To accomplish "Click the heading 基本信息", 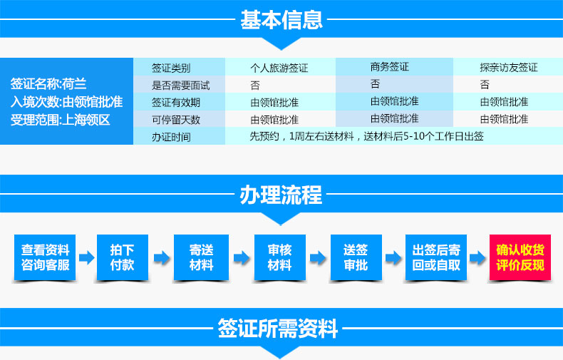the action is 281,19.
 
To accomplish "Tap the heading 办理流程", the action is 281,195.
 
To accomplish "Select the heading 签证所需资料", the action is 277,328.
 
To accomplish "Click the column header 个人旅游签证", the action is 279,68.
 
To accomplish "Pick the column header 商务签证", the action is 390,67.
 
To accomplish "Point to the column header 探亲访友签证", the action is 509,68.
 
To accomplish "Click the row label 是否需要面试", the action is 180,86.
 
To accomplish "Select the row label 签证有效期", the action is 176,103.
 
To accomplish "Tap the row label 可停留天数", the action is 176,120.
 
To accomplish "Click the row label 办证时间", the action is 171,137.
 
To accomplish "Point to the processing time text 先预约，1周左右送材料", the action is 302,137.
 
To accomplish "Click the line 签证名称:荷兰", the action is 48,83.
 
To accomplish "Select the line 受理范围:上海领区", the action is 60,120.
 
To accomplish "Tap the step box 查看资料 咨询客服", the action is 45,257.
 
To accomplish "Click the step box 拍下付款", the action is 123,257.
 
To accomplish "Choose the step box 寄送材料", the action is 202,257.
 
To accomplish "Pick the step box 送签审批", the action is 356,257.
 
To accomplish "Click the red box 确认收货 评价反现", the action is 520,257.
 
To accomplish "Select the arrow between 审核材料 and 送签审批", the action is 318,257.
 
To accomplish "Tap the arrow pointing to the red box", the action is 478,257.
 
